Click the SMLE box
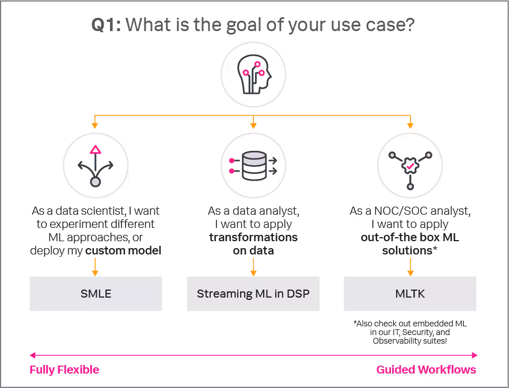(x=96, y=294)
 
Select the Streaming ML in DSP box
(x=253, y=294)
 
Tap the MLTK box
(x=410, y=294)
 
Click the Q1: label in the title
(x=107, y=25)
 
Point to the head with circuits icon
(x=253, y=75)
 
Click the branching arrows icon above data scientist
(x=96, y=166)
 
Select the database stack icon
(x=253, y=166)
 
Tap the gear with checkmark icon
(x=410, y=166)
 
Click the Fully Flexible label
(x=64, y=370)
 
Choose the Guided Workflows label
(x=426, y=370)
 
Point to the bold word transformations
(x=253, y=237)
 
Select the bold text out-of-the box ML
(x=410, y=237)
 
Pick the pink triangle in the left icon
(x=96, y=150)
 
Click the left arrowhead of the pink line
(x=32, y=355)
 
